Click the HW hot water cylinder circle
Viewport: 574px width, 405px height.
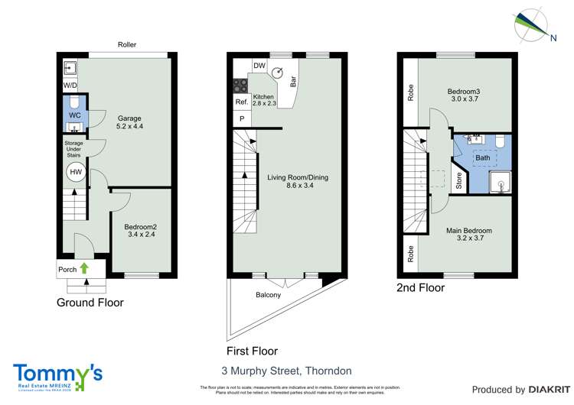pos(75,173)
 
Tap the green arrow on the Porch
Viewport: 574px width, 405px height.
pos(84,268)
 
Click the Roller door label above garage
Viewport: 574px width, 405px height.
pos(127,45)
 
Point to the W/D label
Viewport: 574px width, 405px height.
pos(70,85)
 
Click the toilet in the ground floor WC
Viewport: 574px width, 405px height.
pos(75,102)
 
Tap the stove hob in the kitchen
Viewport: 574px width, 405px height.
pos(240,85)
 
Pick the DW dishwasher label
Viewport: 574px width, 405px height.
pos(259,66)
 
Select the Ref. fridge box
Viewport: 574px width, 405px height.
pos(241,102)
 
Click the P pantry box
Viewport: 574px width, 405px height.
pos(242,119)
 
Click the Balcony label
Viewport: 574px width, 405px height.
pos(269,295)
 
